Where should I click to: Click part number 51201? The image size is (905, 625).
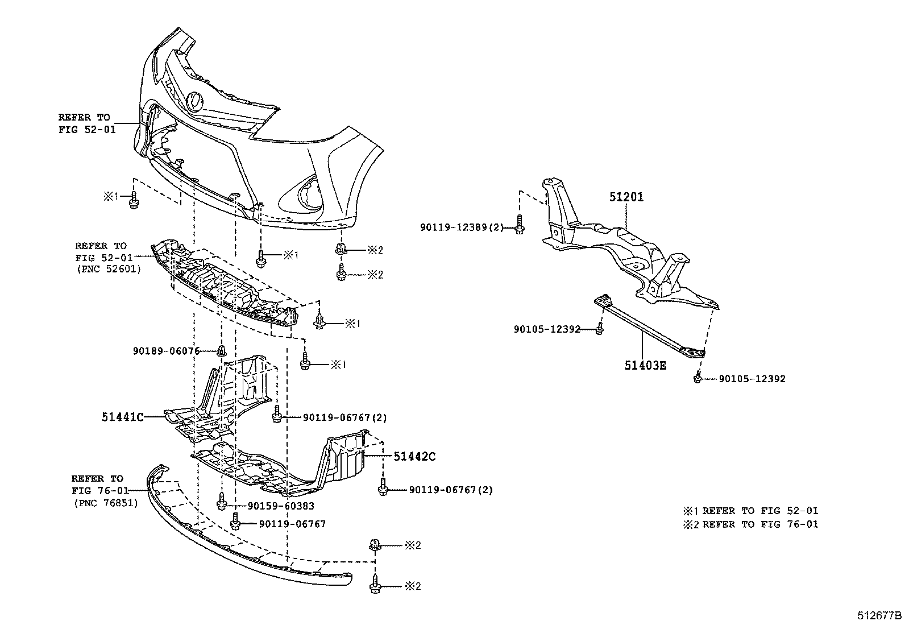pos(626,197)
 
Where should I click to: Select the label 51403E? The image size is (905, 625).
pos(645,365)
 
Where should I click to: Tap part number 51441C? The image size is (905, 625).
pos(122,417)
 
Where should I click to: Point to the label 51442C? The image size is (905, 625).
pos(414,456)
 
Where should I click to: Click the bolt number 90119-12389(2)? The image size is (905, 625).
pos(462,227)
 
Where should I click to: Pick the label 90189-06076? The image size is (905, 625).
pos(167,351)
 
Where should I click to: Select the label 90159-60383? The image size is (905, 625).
pos(280,506)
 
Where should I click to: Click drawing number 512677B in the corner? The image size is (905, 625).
pos(880,616)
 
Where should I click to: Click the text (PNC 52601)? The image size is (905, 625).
pos(108,269)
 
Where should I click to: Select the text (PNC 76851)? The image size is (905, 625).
pos(106,503)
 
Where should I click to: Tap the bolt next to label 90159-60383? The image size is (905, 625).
pos(222,502)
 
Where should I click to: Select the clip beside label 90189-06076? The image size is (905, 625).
pos(222,350)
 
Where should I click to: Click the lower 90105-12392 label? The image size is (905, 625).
pos(752,379)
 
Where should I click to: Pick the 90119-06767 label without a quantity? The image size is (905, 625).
pos(292,524)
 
